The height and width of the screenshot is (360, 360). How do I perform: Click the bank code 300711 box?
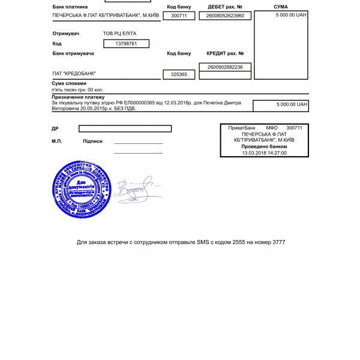[x=179, y=16]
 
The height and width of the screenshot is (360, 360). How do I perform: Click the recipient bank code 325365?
[x=179, y=74]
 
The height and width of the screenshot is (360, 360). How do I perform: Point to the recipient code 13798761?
[x=126, y=44]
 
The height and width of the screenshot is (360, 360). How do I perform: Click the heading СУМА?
[x=280, y=7]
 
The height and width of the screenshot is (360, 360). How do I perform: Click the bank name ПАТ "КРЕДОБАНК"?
[x=74, y=74]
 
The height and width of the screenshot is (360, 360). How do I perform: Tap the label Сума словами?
[x=69, y=83]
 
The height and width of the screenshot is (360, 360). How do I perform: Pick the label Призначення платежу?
[x=78, y=97]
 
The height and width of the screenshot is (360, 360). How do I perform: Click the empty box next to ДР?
[x=125, y=128]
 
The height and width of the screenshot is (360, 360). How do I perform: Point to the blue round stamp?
[x=82, y=190]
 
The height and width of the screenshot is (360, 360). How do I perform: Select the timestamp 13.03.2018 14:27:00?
[x=264, y=152]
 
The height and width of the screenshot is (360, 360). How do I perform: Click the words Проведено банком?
[x=264, y=146]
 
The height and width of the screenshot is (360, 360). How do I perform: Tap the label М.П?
[x=57, y=141]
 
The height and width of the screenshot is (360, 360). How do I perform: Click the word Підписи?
[x=92, y=141]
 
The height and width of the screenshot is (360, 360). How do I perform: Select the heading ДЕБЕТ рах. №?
[x=225, y=7]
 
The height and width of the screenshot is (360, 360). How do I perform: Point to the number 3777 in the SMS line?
[x=278, y=242]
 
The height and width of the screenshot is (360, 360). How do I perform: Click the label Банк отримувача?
[x=73, y=53]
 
